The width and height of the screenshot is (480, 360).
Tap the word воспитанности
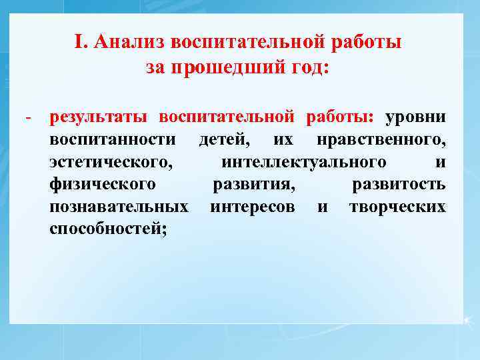(113, 140)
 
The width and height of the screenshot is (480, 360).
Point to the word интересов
(253, 207)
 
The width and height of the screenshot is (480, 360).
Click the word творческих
(397, 207)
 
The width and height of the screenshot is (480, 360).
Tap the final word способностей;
(109, 230)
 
